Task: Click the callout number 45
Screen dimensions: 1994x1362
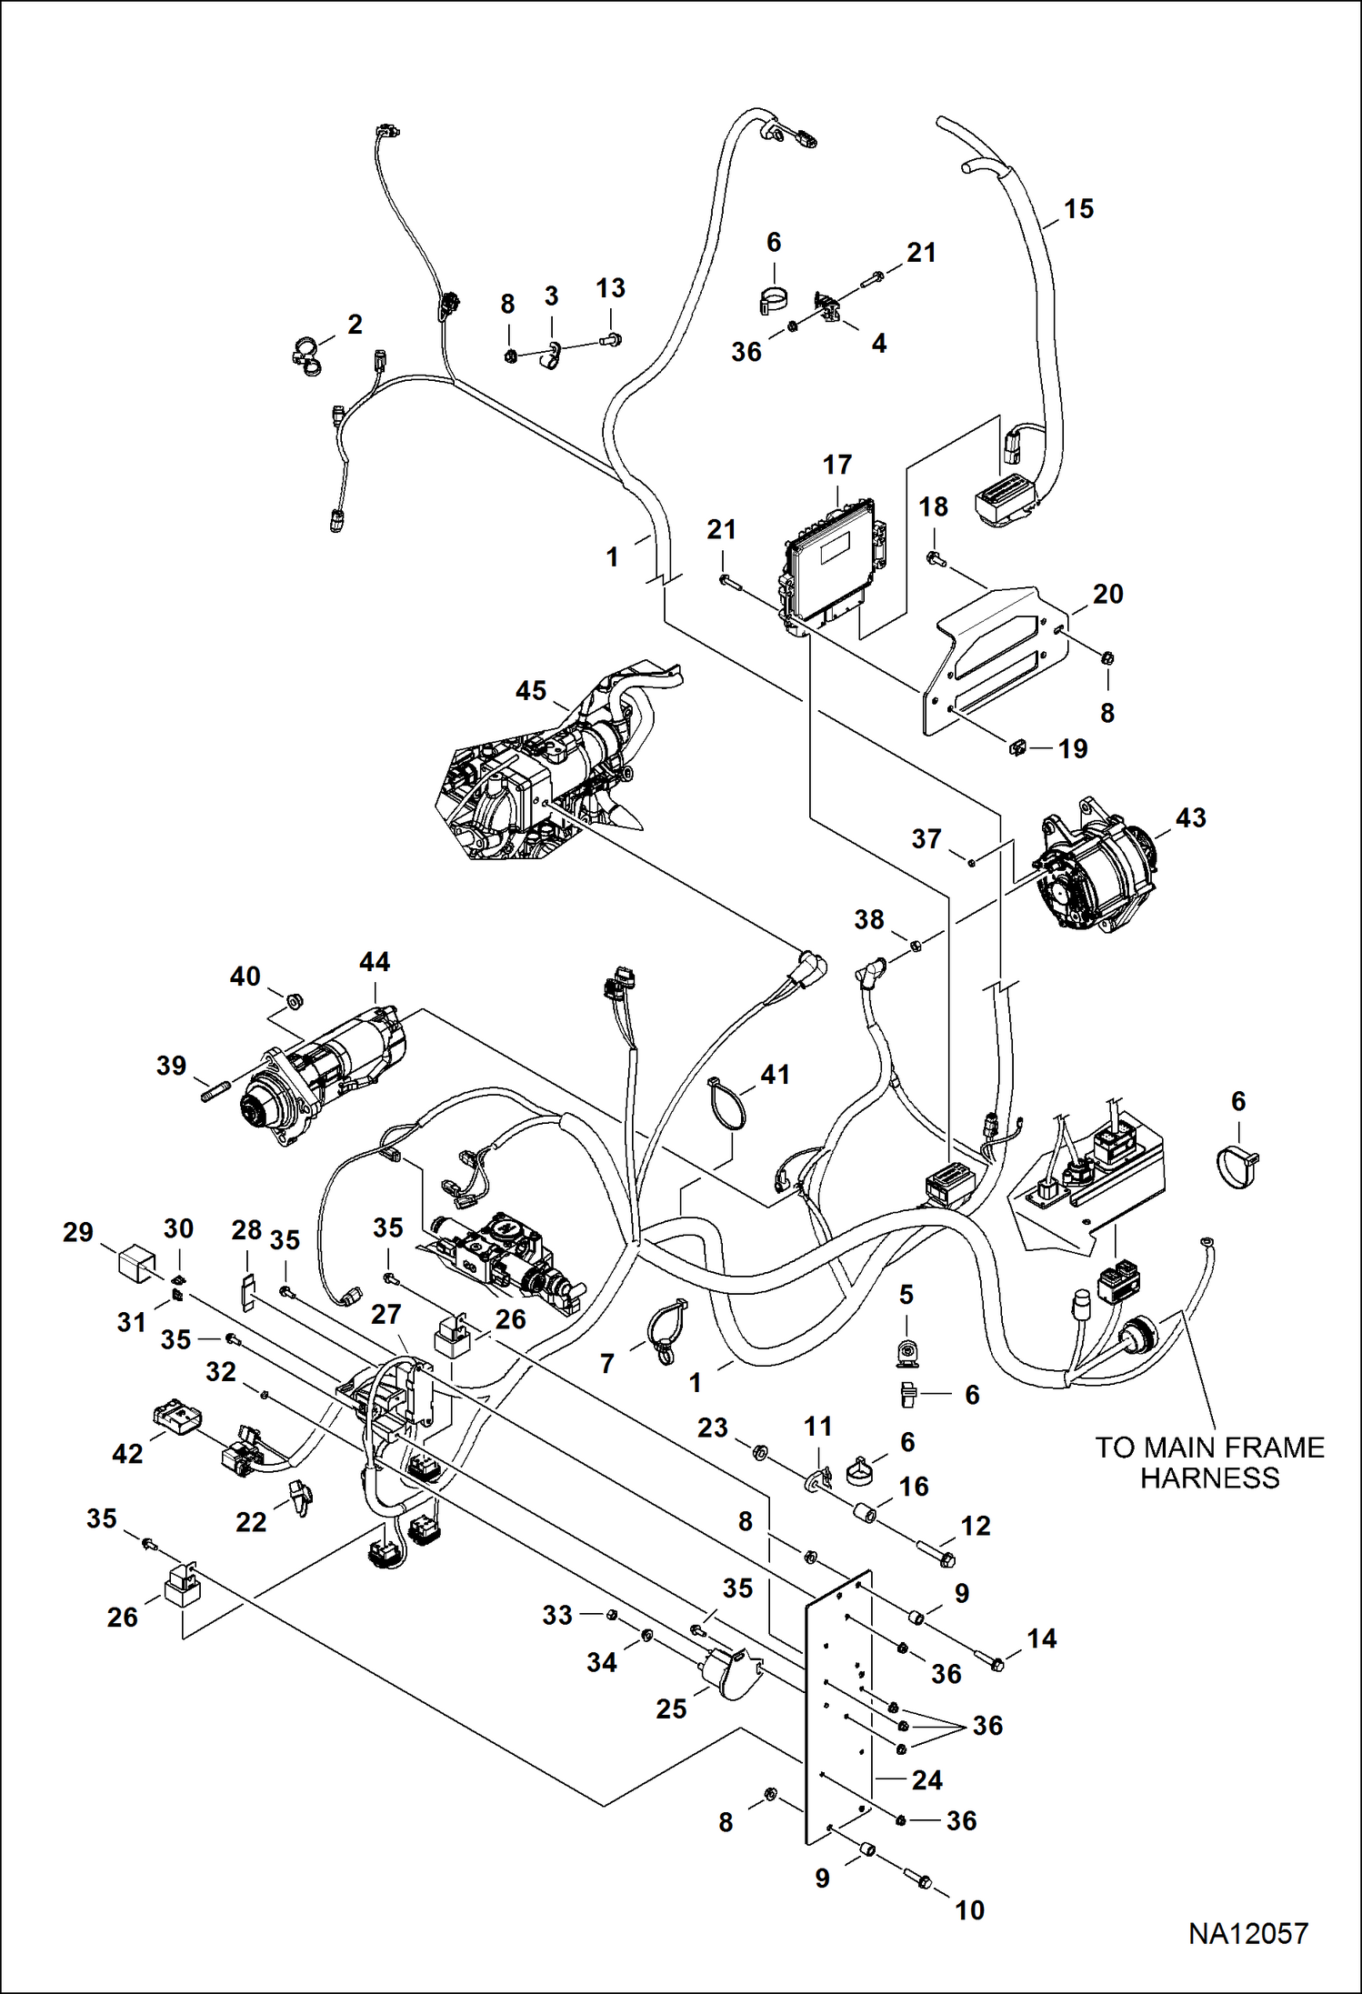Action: point(531,691)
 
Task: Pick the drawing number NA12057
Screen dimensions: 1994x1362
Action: point(1247,1933)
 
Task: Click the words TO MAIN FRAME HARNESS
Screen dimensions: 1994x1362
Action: point(1209,1462)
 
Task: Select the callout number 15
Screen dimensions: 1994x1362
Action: point(1078,209)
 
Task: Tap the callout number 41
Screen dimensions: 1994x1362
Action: point(775,1075)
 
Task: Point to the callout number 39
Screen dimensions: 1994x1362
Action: point(171,1066)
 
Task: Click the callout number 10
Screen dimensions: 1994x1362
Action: point(969,1910)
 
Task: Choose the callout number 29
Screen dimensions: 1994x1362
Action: point(78,1233)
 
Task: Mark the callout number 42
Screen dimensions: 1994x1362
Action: point(127,1454)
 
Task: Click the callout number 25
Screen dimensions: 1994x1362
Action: point(671,1708)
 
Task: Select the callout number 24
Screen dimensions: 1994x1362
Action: point(926,1780)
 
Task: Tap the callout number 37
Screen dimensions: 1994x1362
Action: point(926,838)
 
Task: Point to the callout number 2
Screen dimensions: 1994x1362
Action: point(355,325)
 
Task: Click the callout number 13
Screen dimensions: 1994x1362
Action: point(610,288)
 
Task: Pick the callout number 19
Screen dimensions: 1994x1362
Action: point(1073,749)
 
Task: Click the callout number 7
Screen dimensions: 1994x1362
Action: point(607,1363)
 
